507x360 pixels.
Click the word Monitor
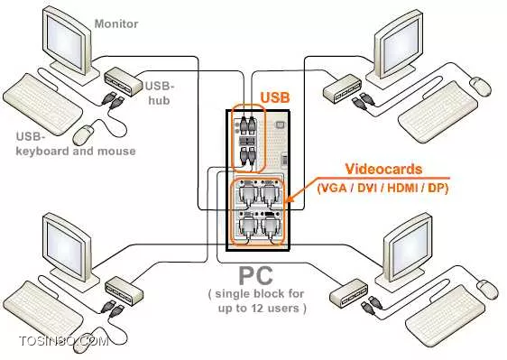116,24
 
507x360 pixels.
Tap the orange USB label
275,97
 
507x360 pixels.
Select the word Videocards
383,169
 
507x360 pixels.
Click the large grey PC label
255,275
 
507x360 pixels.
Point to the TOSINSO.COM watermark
63,341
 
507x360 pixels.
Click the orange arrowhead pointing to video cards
290,198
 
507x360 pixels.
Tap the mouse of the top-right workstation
480,87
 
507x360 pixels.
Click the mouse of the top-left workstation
84,134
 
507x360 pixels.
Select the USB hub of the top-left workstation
124,82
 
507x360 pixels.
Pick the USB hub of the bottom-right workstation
348,292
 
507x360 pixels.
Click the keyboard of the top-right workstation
438,112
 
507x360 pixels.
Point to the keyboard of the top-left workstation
42,104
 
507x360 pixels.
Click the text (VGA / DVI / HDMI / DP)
383,188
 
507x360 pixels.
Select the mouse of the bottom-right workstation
488,289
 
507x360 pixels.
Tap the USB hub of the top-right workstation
343,88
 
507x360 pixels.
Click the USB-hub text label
159,93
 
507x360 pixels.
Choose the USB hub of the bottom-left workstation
124,291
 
